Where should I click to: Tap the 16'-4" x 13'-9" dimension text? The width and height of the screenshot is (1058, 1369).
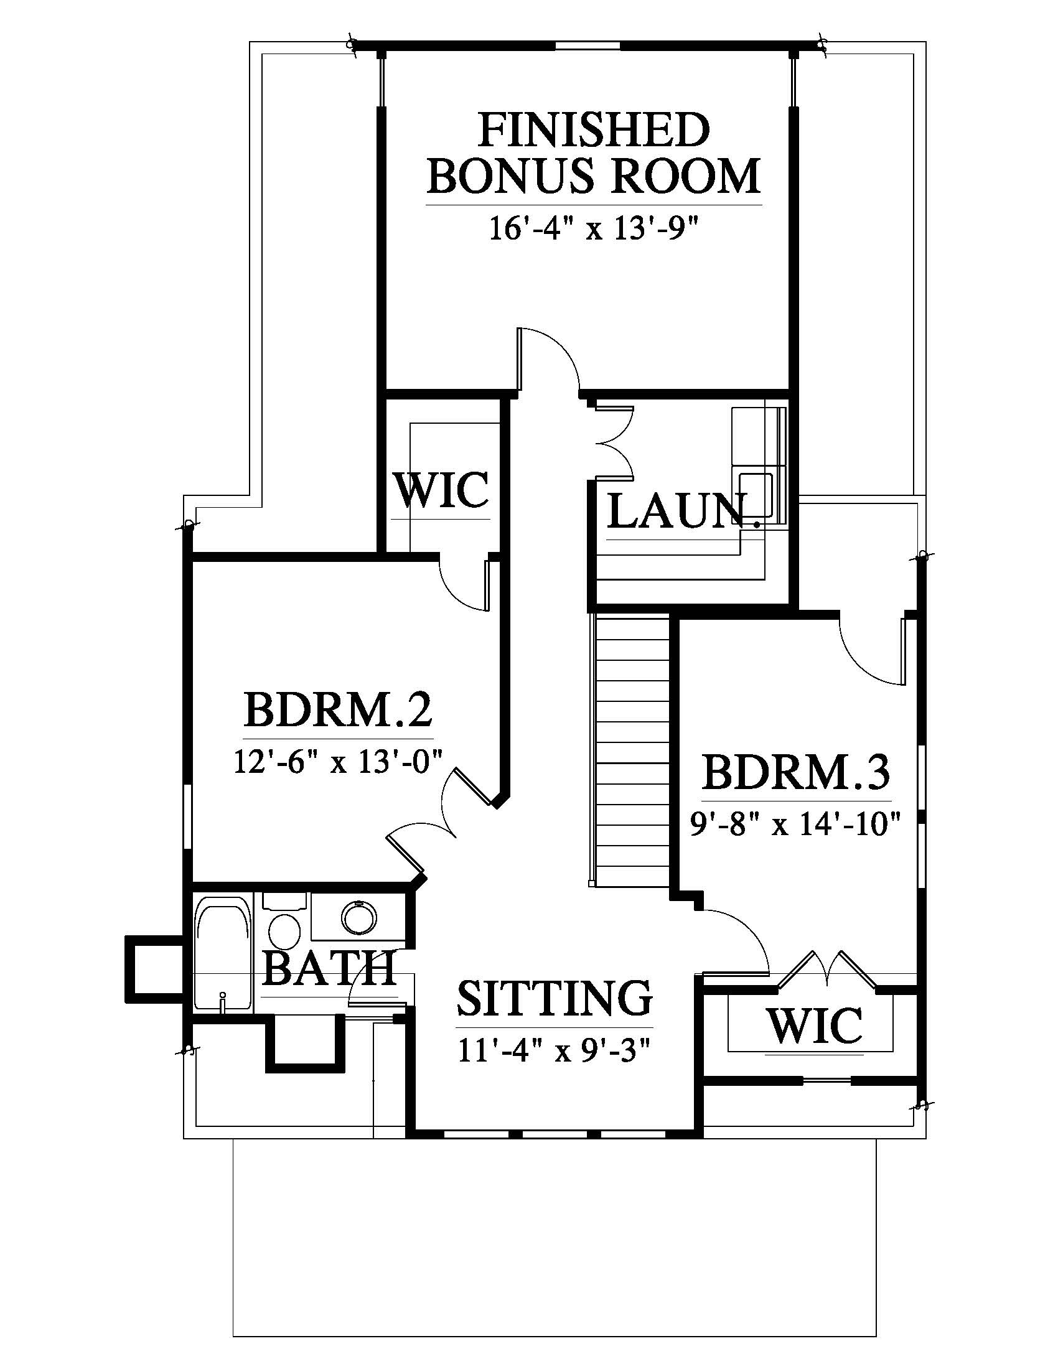point(594,230)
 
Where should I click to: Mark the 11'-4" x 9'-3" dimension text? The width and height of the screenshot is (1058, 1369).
point(555,1050)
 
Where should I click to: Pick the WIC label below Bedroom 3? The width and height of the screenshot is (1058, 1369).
point(815,1026)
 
